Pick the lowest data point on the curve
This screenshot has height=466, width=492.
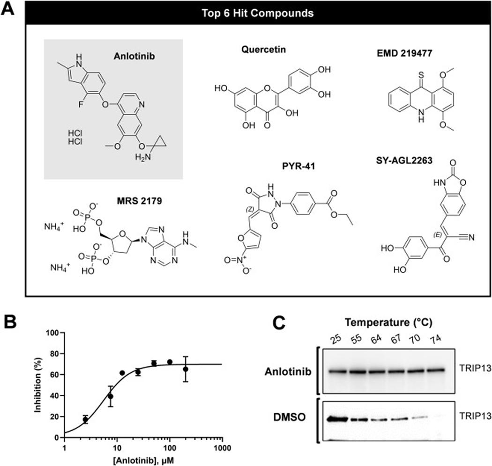tap(85, 419)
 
